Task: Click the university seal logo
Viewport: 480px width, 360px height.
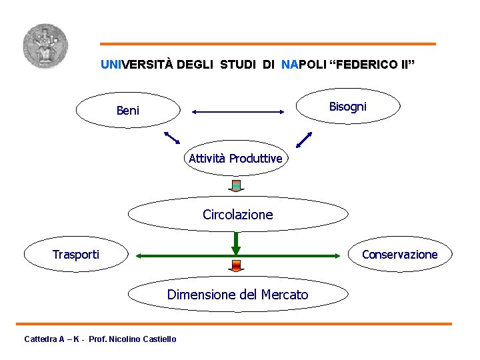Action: tap(45, 45)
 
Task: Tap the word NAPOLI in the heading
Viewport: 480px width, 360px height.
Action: tap(304, 65)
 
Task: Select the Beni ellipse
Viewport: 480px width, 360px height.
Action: tap(128, 110)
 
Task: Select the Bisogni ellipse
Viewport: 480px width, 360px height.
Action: tap(347, 106)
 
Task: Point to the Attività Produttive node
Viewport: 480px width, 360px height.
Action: tap(235, 159)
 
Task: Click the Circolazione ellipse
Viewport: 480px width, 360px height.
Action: tap(238, 215)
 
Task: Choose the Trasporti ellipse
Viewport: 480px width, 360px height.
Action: tap(77, 254)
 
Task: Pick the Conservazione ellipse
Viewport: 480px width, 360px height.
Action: tap(399, 254)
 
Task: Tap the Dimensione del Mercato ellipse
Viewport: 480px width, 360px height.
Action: tap(238, 294)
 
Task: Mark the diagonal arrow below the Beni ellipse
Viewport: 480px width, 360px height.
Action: tap(172, 137)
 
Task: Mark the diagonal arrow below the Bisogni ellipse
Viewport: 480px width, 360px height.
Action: tap(304, 139)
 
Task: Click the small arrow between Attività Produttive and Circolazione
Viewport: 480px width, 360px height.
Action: tap(235, 185)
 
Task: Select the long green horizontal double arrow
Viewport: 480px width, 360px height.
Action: tap(238, 255)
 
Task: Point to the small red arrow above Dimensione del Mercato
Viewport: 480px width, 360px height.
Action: tap(235, 266)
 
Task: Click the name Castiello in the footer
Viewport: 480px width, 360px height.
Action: tap(157, 339)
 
